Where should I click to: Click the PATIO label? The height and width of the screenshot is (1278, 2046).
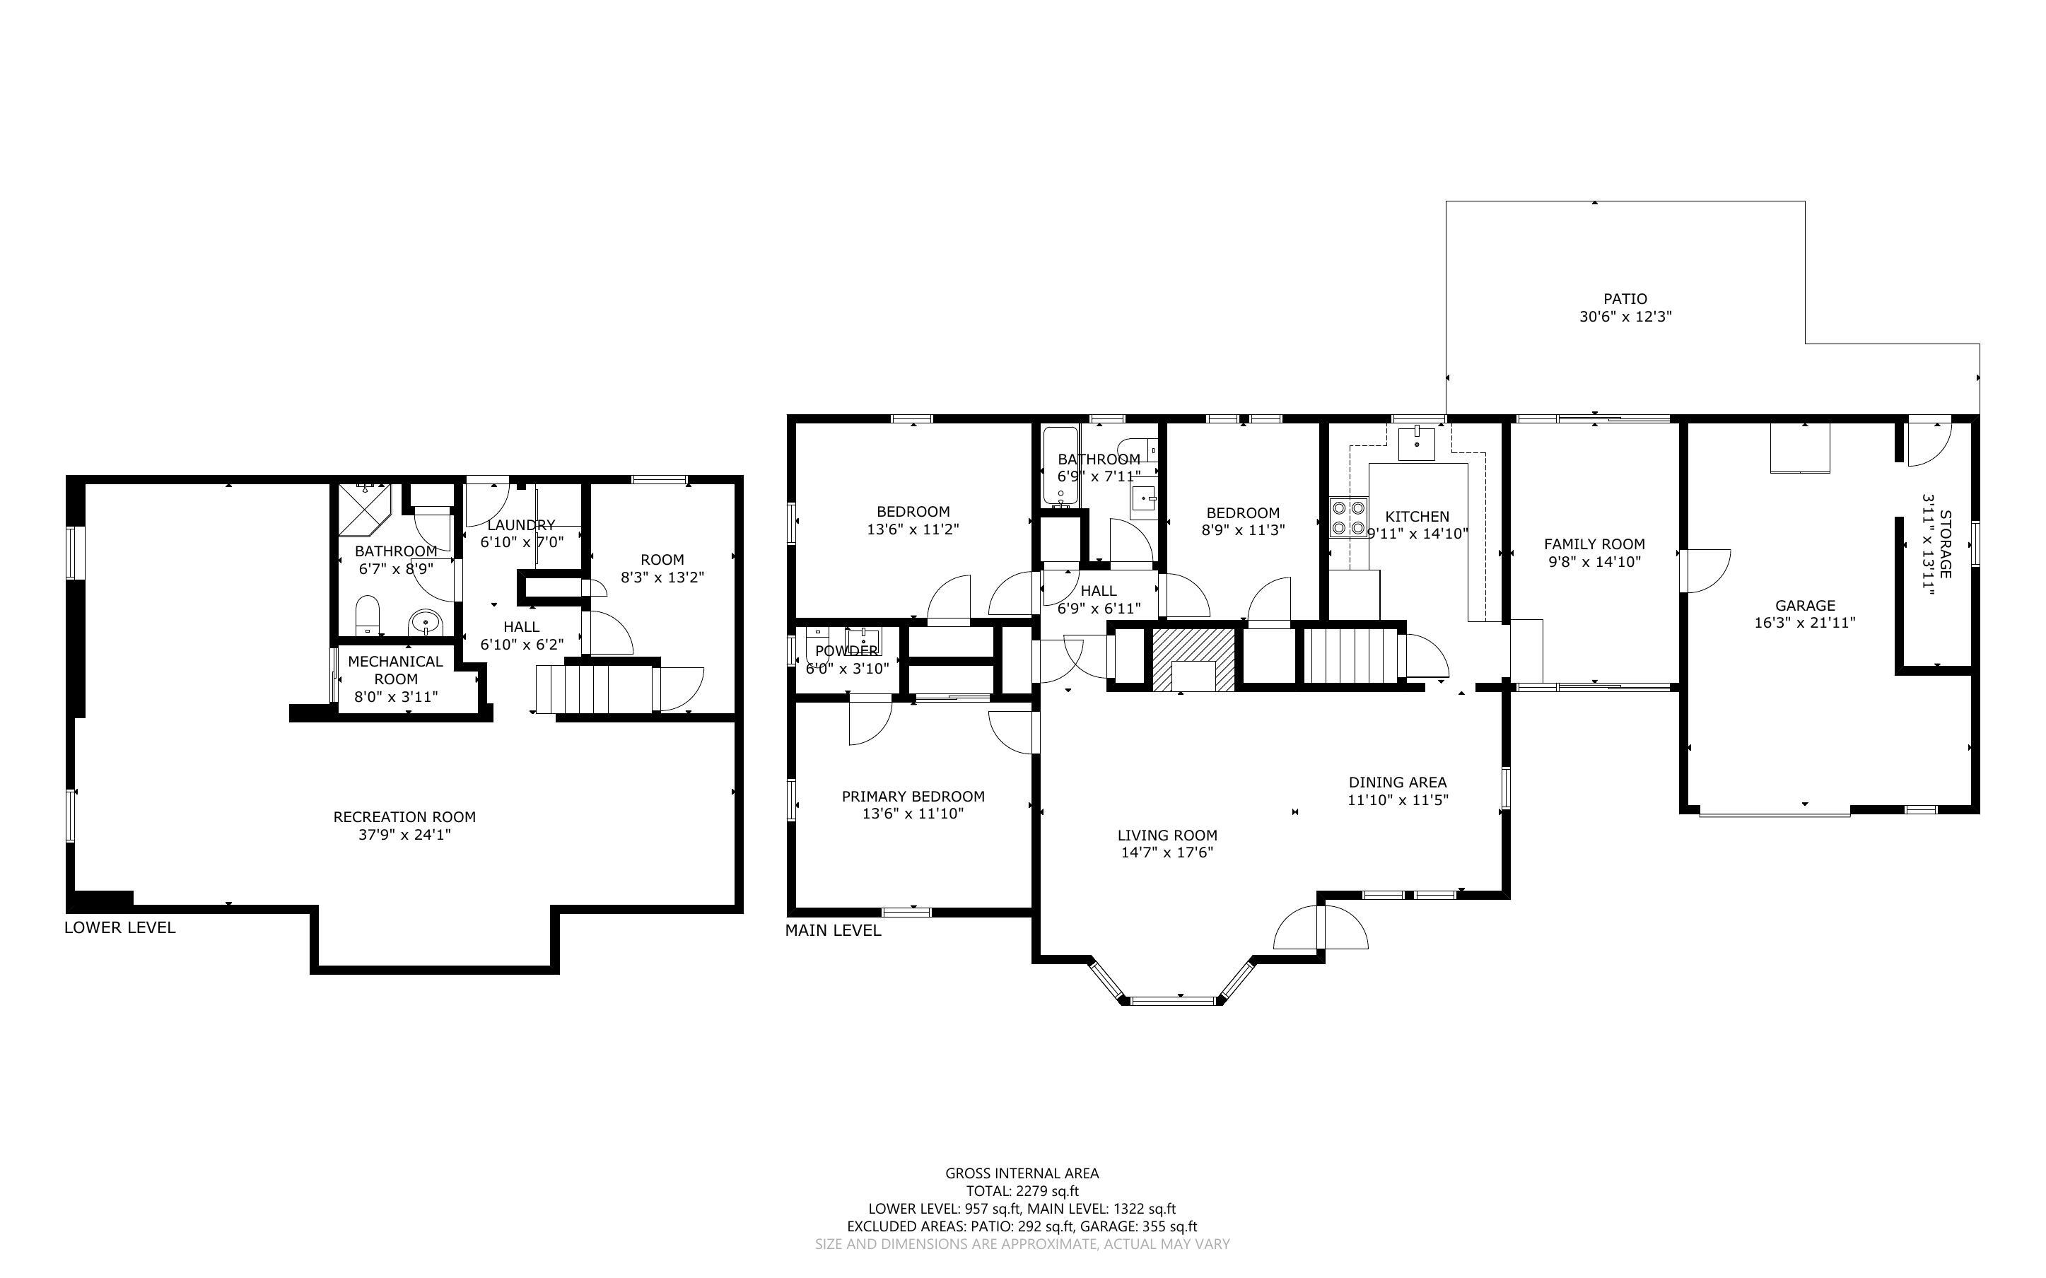[1625, 298]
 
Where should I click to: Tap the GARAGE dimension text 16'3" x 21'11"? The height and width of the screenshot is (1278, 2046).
[1804, 623]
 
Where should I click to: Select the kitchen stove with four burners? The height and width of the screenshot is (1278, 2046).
[1348, 517]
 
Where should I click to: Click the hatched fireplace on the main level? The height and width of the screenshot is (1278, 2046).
[1193, 659]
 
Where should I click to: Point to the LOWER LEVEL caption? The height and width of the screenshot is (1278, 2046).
[120, 927]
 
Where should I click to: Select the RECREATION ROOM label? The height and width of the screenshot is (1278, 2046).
[404, 816]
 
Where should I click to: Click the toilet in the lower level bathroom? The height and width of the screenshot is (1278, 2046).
[367, 614]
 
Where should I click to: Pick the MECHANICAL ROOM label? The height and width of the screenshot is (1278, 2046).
[395, 669]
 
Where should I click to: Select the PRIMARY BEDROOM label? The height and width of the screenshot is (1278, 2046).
[913, 796]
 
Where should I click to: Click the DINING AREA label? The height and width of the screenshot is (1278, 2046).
[1397, 782]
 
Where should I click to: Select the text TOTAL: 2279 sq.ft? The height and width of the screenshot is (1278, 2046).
[1022, 1191]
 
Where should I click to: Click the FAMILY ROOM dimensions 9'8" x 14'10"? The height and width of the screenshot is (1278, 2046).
[1594, 562]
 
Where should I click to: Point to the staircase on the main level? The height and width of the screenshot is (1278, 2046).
[1347, 657]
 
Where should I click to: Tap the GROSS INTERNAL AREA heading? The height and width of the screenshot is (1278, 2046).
[1022, 1173]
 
